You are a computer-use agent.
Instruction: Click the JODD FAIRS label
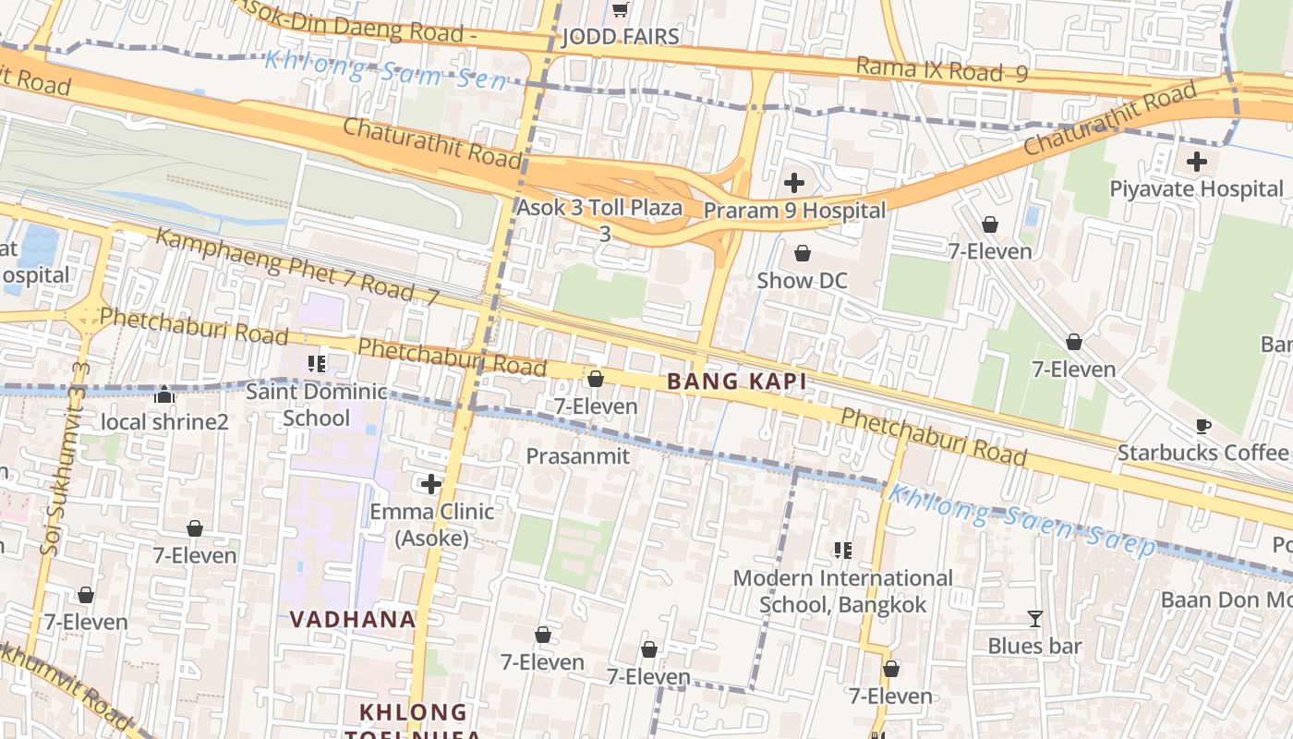[x=621, y=37]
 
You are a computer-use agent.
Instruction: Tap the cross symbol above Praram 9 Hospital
[x=793, y=183]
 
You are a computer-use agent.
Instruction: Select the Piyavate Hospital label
[x=1196, y=189]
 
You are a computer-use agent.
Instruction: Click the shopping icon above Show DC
[x=802, y=253]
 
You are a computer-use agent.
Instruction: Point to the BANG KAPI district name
[x=736, y=382]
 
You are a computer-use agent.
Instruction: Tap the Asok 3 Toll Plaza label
[x=599, y=208]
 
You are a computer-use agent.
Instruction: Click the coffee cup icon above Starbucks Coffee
[x=1202, y=426]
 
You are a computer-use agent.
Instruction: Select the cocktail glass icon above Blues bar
[x=1034, y=619]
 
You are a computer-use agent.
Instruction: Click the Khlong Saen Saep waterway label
[x=1021, y=520]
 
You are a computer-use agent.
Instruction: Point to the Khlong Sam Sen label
[x=385, y=69]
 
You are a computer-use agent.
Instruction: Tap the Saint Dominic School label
[x=317, y=405]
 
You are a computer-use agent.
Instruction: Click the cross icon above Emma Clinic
[x=431, y=484]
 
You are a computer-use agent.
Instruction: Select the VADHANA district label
[x=353, y=619]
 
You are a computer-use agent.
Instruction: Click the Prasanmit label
[x=577, y=456]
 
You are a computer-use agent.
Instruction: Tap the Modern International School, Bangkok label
[x=842, y=591]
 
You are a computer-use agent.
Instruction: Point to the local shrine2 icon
[x=165, y=396]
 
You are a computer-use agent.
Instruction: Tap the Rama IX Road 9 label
[x=940, y=69]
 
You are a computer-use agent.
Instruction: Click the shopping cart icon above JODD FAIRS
[x=621, y=10]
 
